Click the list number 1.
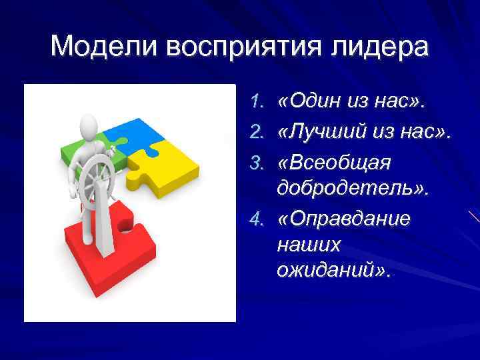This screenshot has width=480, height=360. (x=258, y=103)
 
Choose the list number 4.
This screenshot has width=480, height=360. (x=258, y=219)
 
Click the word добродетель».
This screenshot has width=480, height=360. (x=352, y=189)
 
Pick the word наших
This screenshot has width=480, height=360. (x=307, y=245)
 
